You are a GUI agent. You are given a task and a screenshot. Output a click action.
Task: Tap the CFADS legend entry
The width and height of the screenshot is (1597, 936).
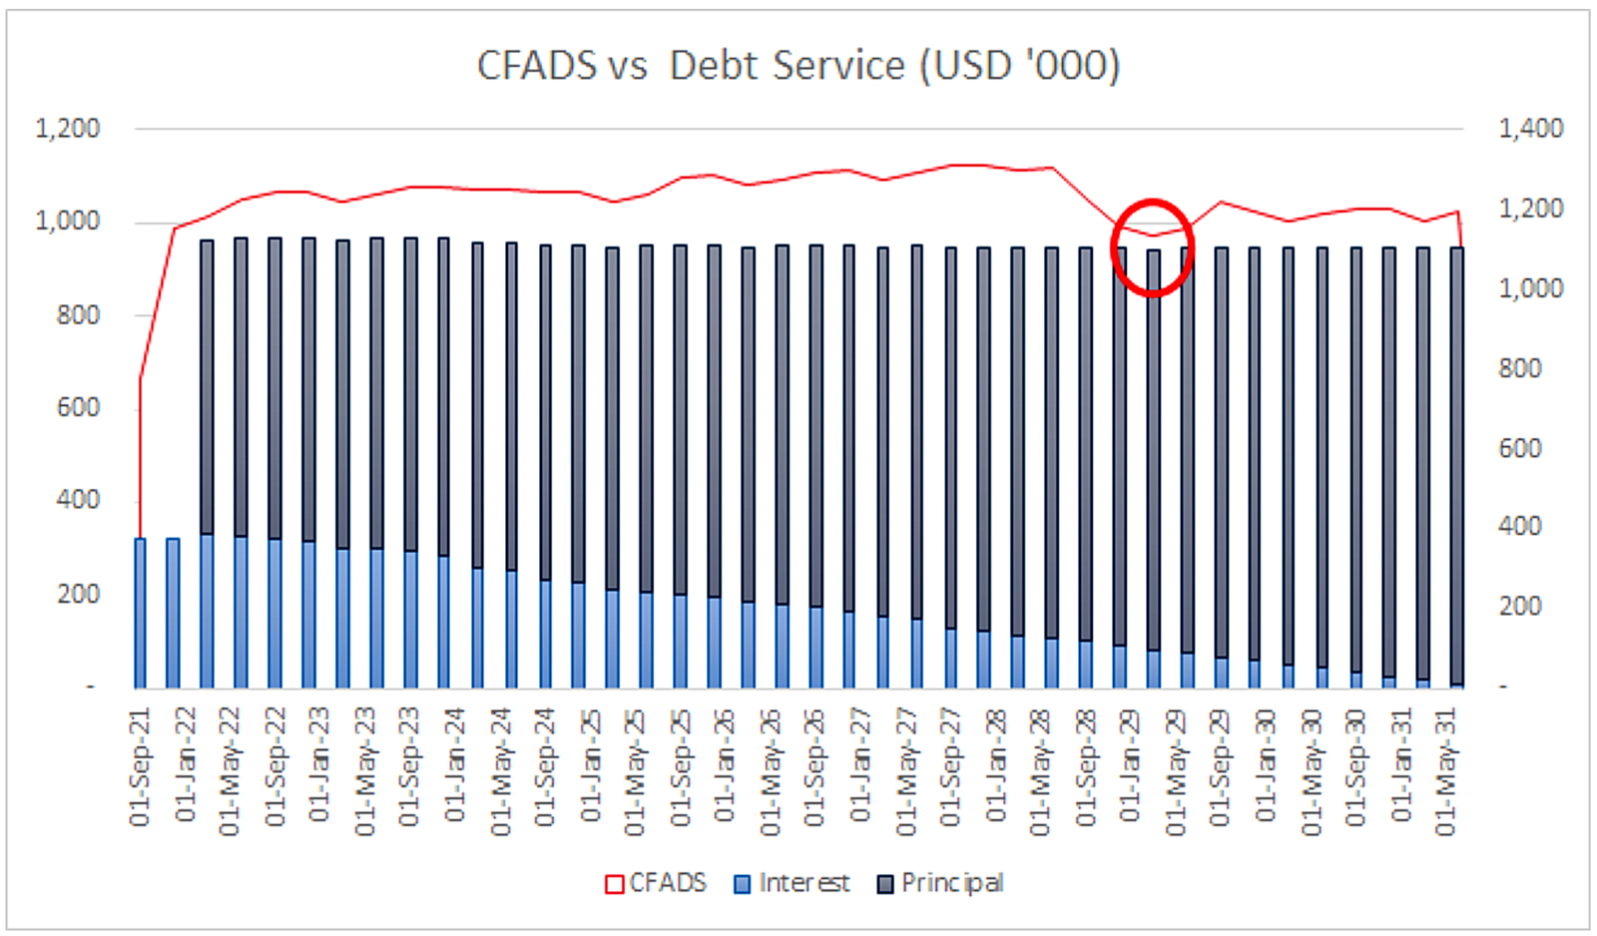(656, 883)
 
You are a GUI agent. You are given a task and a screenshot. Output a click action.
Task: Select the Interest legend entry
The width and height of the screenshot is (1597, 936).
(793, 883)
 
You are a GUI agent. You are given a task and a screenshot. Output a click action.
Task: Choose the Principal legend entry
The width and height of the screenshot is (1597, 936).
(940, 884)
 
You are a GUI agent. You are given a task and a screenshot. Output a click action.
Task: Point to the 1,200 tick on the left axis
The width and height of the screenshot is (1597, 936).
(68, 129)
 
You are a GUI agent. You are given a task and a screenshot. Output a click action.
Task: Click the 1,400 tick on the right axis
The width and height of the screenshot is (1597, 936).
(1531, 129)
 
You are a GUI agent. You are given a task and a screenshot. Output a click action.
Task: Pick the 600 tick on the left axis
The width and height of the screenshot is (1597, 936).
(79, 408)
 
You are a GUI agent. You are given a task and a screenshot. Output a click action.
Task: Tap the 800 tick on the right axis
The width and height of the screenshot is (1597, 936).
(1520, 368)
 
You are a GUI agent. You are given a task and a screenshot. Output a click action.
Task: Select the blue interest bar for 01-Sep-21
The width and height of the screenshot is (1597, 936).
(140, 613)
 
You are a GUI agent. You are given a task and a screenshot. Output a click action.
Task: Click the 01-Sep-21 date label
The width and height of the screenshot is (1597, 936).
(140, 767)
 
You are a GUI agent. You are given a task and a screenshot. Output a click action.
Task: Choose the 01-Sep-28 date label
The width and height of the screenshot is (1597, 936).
(1085, 767)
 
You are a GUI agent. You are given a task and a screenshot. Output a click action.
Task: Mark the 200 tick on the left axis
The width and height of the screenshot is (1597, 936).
(79, 594)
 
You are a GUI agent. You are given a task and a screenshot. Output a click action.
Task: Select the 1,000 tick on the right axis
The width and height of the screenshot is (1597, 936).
(1531, 288)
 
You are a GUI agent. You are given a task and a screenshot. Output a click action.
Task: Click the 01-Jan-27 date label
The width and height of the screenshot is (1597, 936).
(860, 766)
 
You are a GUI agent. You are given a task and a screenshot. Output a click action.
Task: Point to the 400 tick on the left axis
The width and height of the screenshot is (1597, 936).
(79, 501)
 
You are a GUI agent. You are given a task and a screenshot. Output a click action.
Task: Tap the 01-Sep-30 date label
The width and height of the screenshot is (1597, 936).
(1355, 767)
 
